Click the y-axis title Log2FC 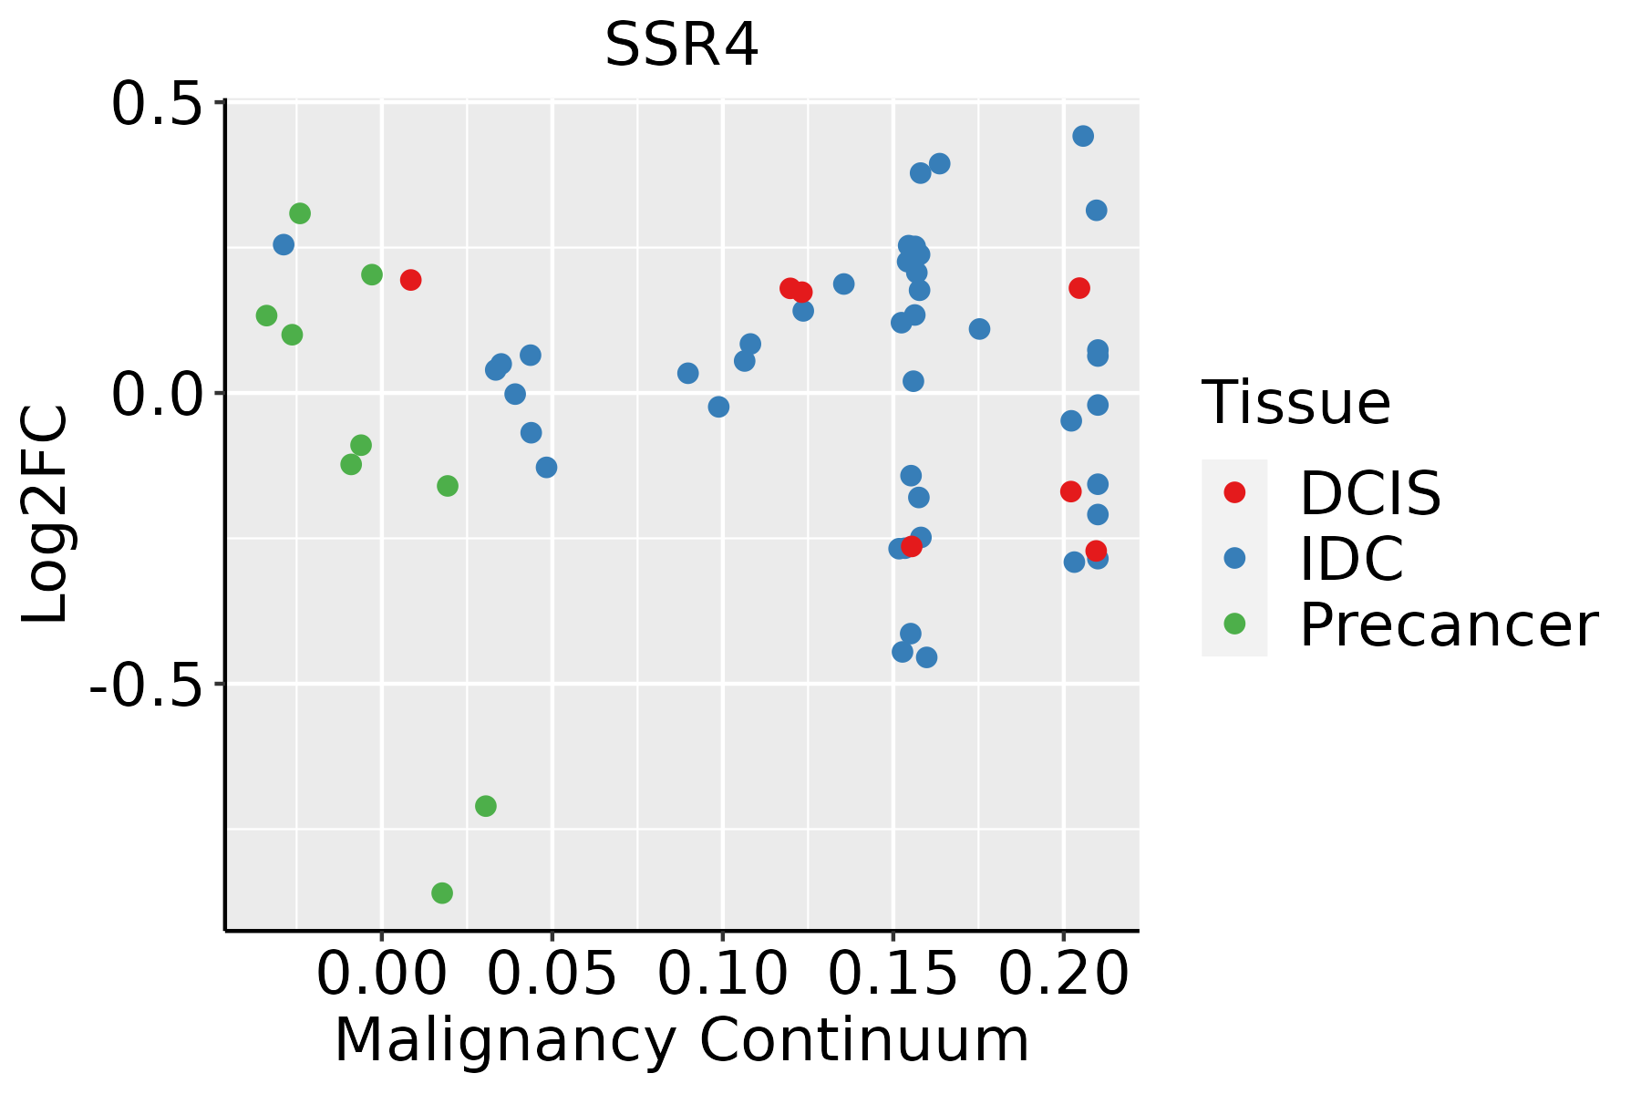click(x=46, y=515)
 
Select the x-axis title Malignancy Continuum click(x=681, y=1041)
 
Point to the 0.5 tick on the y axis click(x=162, y=104)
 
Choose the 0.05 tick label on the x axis click(x=552, y=975)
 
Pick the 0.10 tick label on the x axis click(x=722, y=975)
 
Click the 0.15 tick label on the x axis click(x=893, y=975)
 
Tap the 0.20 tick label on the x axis click(x=1063, y=975)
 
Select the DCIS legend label click(x=1369, y=493)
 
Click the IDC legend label click(x=1351, y=559)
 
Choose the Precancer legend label click(x=1448, y=625)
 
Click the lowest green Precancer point click(x=442, y=893)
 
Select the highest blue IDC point click(x=1083, y=136)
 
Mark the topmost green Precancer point click(x=300, y=213)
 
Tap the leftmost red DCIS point click(x=410, y=280)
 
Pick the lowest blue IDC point click(x=926, y=657)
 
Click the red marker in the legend click(x=1234, y=492)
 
